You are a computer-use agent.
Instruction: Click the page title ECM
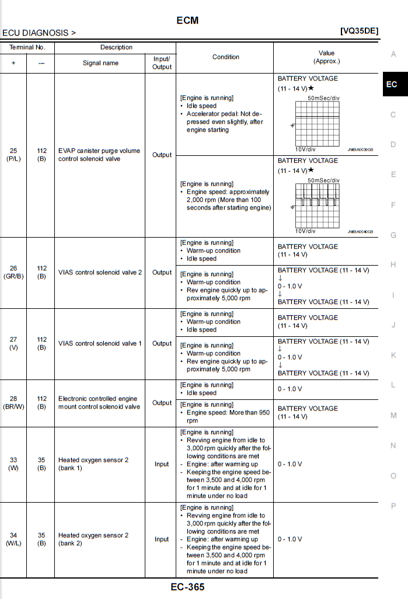(187, 20)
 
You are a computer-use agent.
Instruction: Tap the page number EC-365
(187, 587)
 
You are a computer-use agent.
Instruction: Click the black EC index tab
(392, 84)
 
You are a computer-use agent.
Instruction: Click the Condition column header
(226, 57)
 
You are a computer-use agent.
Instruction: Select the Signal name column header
(100, 63)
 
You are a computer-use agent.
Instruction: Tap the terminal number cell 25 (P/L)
(14, 155)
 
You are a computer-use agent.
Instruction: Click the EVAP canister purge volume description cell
(99, 155)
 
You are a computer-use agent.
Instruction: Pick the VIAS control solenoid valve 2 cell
(100, 272)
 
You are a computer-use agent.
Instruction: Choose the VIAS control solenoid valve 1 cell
(100, 343)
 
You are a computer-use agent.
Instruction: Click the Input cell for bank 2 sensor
(162, 539)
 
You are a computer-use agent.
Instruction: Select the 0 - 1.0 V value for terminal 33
(290, 464)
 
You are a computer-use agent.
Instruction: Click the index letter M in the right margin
(393, 415)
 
